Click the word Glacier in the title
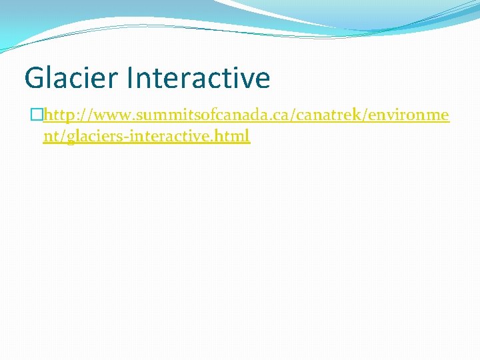pyautogui.click(x=70, y=78)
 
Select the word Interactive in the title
pyautogui.click(x=197, y=78)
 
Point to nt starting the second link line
pyautogui.click(x=50, y=136)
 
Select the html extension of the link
pyautogui.click(x=234, y=136)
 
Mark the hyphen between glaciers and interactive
pyautogui.click(x=129, y=137)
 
